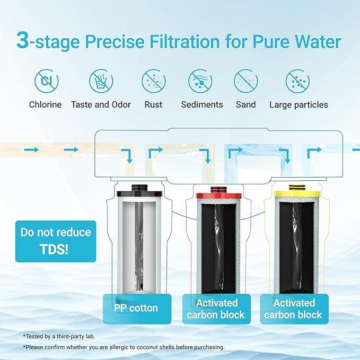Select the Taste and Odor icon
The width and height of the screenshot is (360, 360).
coord(101,81)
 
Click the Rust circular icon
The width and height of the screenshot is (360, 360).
coord(153,81)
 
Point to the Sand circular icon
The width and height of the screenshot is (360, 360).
coord(245,81)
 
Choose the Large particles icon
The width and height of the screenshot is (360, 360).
coord(298,81)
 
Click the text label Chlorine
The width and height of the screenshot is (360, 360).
coord(45,104)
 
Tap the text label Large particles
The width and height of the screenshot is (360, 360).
coord(298,104)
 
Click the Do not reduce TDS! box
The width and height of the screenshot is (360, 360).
coord(56,241)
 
